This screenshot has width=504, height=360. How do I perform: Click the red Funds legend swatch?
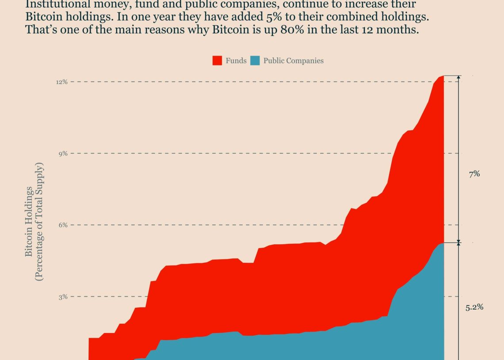tap(217, 61)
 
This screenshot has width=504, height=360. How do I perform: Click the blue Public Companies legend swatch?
tap(255, 61)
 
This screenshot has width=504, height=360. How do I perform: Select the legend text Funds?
tap(236, 61)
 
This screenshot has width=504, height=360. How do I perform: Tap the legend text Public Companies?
tap(294, 61)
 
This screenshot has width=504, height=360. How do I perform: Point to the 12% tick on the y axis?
tap(61, 82)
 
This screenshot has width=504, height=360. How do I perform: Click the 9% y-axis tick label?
tap(63, 153)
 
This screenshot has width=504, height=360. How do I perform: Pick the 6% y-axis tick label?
tap(63, 225)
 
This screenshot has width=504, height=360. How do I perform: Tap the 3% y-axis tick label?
tap(63, 296)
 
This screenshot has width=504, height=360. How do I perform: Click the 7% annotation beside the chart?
tap(474, 174)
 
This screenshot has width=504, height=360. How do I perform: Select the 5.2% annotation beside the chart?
tap(474, 307)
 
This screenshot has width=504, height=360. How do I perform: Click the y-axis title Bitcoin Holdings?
tap(29, 221)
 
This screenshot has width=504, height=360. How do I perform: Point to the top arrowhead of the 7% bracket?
tap(458, 78)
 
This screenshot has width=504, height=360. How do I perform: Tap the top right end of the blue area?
tap(443, 243)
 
